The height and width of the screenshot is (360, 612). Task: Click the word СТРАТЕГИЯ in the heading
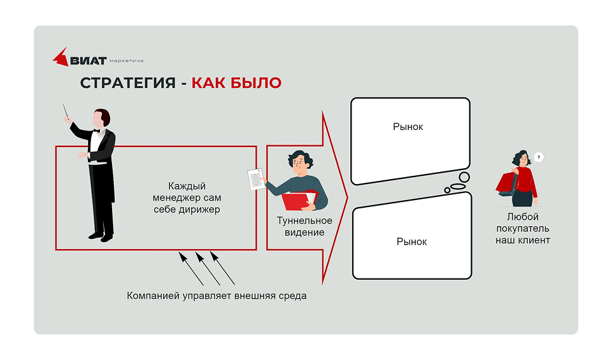point(127,83)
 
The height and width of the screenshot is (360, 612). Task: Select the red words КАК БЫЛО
point(236,83)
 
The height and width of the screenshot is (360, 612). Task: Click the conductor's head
point(101,118)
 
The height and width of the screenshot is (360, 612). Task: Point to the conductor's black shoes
point(101,236)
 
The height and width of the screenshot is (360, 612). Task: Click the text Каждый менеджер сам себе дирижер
point(187,198)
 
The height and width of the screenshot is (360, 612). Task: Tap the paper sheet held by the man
point(255,179)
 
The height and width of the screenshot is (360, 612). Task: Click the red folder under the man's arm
point(299,200)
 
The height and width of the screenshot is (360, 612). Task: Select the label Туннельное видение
point(304,226)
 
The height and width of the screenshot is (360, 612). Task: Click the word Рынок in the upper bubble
point(408,127)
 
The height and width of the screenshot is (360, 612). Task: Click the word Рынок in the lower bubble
point(411,241)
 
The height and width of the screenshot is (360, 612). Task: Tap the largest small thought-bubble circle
point(464,177)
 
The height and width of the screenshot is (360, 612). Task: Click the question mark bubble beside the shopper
point(539,157)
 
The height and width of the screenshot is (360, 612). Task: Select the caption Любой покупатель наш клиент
point(523,228)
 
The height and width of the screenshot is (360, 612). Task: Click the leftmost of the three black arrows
point(191,268)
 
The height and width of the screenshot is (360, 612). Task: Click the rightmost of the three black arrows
point(222,268)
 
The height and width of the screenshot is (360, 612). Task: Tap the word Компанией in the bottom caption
point(153,296)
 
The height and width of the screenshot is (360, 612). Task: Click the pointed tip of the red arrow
point(347,198)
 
